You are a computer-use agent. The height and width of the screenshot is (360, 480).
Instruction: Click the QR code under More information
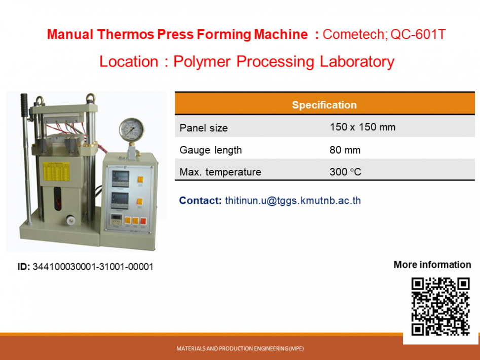pyautogui.click(x=440, y=306)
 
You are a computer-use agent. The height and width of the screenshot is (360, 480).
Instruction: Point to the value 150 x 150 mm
pyautogui.click(x=362, y=127)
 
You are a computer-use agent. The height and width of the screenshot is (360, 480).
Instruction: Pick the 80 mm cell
pyautogui.click(x=345, y=150)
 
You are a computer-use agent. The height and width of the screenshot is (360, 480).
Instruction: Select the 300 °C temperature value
pyautogui.click(x=345, y=172)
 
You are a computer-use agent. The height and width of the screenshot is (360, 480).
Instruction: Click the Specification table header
pyautogui.click(x=324, y=105)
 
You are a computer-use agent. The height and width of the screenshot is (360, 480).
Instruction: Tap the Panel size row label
pyautogui.click(x=204, y=128)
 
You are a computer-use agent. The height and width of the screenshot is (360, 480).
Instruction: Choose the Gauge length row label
pyautogui.click(x=211, y=150)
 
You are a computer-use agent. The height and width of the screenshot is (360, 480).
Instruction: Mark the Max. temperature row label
pyautogui.click(x=220, y=172)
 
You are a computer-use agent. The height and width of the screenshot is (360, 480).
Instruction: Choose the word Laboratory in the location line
pyautogui.click(x=357, y=61)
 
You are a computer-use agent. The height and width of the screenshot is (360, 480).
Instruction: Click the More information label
pyautogui.click(x=432, y=265)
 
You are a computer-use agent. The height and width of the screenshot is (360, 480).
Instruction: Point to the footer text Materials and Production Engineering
pyautogui.click(x=240, y=348)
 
